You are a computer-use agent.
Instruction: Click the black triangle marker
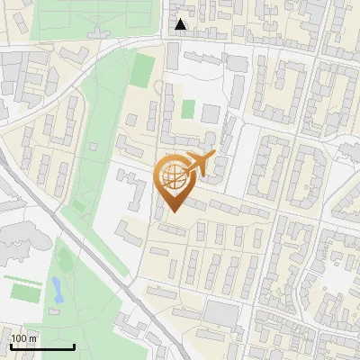point(181,24)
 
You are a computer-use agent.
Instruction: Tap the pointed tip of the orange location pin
point(172,212)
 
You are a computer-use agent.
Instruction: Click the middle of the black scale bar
point(42,346)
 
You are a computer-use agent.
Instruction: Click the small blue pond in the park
point(57,290)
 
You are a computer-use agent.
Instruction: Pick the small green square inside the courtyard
point(187,109)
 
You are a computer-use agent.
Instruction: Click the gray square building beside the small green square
point(210,114)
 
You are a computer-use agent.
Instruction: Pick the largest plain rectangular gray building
point(221,314)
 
